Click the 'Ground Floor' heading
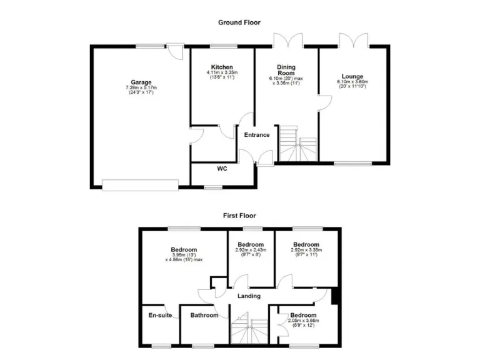click(x=239, y=22)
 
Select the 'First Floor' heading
click(x=239, y=216)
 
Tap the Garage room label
click(x=141, y=82)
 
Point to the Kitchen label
click(x=222, y=67)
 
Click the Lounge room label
click(x=352, y=76)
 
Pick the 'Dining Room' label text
click(x=286, y=70)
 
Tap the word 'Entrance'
click(x=256, y=135)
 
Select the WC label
click(x=222, y=169)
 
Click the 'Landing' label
click(x=248, y=296)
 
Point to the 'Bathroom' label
click(x=204, y=315)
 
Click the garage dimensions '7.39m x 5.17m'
click(x=141, y=87)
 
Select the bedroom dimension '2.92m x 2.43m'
click(x=251, y=250)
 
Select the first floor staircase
click(x=249, y=329)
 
